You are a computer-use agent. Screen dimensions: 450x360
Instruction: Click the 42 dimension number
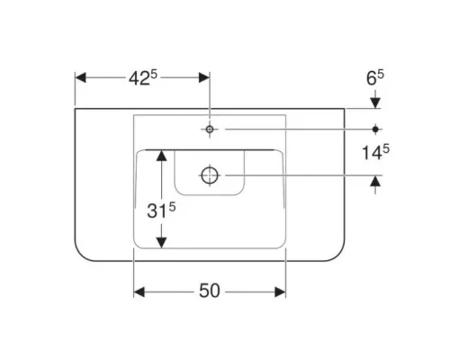coord(139,79)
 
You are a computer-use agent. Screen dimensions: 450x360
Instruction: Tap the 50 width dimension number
coord(210,291)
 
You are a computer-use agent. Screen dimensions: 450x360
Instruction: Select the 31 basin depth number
coord(157,211)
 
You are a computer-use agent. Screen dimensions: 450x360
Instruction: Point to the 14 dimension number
coord(372,153)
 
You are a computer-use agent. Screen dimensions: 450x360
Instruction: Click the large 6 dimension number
coord(372,78)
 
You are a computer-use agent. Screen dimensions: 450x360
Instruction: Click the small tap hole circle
coord(210,130)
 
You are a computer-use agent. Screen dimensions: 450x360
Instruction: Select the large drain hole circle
coord(210,175)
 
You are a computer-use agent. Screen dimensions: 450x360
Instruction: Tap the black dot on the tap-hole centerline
coord(375,130)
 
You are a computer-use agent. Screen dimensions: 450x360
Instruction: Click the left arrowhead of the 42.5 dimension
coord(80,77)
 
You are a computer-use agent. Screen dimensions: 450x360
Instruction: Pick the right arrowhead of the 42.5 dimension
coord(204,77)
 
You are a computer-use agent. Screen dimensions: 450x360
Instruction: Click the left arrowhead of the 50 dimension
coord(139,292)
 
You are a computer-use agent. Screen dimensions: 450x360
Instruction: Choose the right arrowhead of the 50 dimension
coord(280,292)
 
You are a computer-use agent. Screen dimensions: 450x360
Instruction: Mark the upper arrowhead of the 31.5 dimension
coord(162,156)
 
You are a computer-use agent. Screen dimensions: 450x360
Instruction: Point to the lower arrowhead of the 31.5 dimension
coord(162,242)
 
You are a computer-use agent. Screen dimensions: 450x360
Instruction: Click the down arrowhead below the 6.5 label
coord(375,103)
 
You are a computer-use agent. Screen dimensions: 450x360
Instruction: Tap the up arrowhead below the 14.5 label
coord(375,181)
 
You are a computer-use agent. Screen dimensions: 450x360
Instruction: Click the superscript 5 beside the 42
coord(154,75)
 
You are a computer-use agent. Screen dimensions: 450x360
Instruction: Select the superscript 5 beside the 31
coord(172,207)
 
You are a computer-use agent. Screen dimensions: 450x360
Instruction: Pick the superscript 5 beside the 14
coord(386,148)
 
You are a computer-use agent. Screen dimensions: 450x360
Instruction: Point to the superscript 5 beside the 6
coord(381,75)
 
